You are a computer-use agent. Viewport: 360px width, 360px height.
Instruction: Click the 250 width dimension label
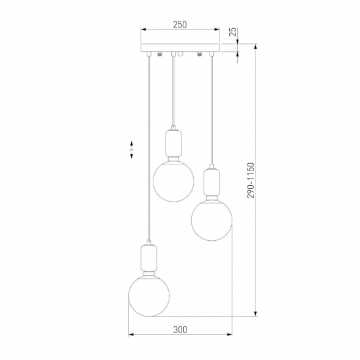[x=180, y=24]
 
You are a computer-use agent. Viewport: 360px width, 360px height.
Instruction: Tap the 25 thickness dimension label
[x=233, y=32]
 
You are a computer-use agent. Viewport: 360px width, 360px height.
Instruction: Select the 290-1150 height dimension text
[x=251, y=180]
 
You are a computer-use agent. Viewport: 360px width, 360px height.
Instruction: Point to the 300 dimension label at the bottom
[x=180, y=329]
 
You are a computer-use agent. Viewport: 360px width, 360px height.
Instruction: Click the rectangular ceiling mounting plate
[x=180, y=48]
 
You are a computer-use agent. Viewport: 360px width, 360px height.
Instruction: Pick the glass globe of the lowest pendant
[x=149, y=296]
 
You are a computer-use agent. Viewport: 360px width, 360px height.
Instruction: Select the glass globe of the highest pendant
[x=174, y=182]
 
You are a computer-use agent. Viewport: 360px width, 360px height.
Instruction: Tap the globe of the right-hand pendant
[x=211, y=220]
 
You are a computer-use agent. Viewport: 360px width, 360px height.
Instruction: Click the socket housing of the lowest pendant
[x=149, y=258]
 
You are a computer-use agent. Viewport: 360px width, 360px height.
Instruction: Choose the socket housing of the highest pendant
[x=174, y=143]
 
